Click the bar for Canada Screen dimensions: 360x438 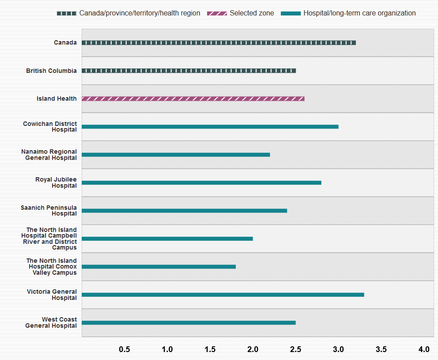pyautogui.click(x=219, y=43)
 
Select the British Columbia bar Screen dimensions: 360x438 pyautogui.click(x=189, y=71)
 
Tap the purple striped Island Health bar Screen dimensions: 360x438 pyautogui.click(x=193, y=99)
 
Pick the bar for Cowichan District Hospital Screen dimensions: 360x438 pyautogui.click(x=210, y=127)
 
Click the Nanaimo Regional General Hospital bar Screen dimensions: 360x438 pyautogui.click(x=176, y=155)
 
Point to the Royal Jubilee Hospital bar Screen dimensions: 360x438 pyautogui.click(x=201, y=182)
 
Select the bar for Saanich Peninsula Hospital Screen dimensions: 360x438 pyautogui.click(x=184, y=211)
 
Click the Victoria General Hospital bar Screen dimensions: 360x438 pyautogui.click(x=223, y=295)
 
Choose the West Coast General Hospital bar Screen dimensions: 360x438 pyautogui.click(x=189, y=322)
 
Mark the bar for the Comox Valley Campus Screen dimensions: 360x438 pyautogui.click(x=159, y=267)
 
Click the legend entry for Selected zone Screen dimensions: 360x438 pyautogui.click(x=241, y=13)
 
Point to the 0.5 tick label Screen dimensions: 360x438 pyautogui.click(x=125, y=349)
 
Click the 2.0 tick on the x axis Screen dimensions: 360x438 pyautogui.click(x=253, y=349)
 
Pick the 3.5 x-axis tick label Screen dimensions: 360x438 pyautogui.click(x=381, y=349)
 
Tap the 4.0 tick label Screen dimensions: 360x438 pyautogui.click(x=424, y=349)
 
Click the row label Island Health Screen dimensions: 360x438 pyautogui.click(x=57, y=99)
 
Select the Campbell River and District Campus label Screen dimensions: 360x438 pyautogui.click(x=49, y=239)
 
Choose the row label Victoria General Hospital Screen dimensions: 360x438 pyautogui.click(x=52, y=295)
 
